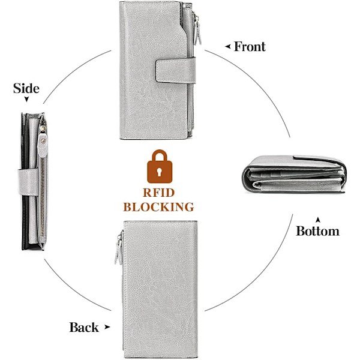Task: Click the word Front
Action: click(250, 47)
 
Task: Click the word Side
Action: click(26, 88)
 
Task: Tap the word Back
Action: click(84, 327)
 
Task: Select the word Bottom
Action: click(318, 231)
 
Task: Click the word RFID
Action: click(158, 193)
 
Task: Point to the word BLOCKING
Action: click(158, 207)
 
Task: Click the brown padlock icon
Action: click(160, 166)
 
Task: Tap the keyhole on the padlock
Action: click(160, 172)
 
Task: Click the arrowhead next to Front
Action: click(228, 47)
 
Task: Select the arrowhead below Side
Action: click(26, 99)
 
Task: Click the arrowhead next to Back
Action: click(107, 327)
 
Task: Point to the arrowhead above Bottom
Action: click(318, 220)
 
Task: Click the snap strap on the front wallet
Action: click(176, 70)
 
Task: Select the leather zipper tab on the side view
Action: click(43, 145)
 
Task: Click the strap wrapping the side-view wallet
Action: click(28, 182)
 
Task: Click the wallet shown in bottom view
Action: click(294, 174)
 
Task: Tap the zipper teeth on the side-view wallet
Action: click(43, 197)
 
